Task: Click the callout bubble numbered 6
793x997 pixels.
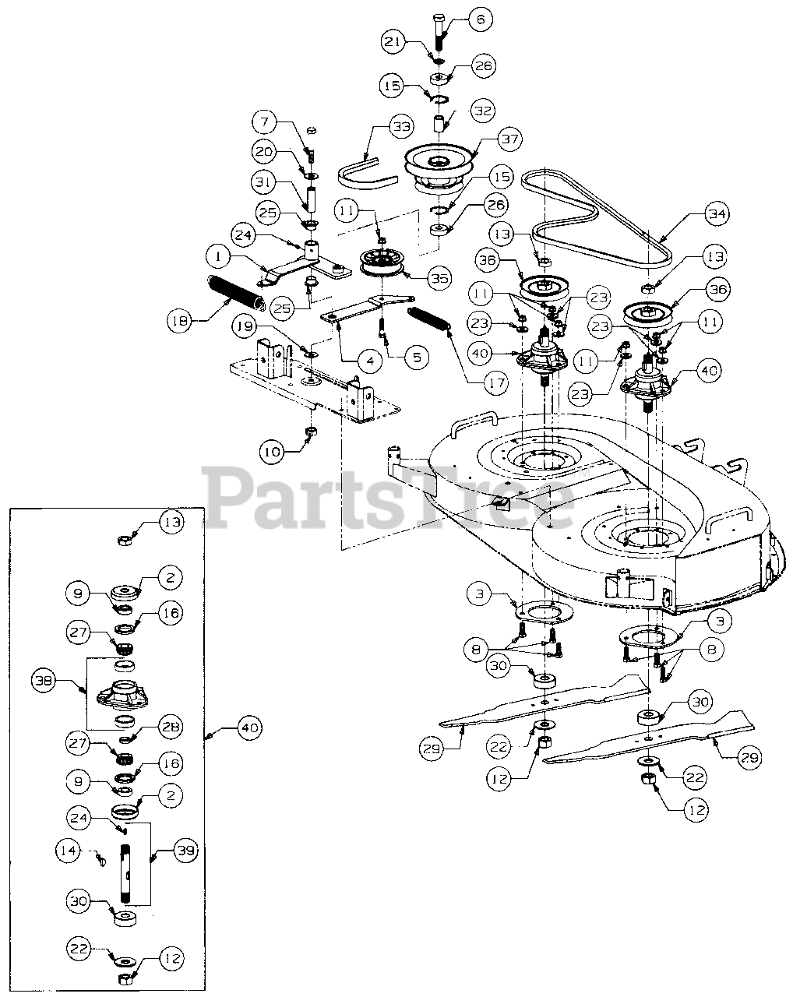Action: tap(480, 19)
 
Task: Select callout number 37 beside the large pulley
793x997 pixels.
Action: tap(509, 139)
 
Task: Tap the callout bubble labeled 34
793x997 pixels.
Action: tap(717, 214)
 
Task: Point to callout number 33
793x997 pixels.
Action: tap(401, 126)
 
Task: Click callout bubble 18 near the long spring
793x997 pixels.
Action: tap(180, 320)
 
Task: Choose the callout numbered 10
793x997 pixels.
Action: tap(273, 451)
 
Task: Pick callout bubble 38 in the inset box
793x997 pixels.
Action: tap(44, 681)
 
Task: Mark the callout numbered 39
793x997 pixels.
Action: tap(185, 851)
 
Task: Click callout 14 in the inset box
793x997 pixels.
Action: tap(68, 851)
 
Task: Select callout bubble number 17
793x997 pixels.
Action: tap(496, 383)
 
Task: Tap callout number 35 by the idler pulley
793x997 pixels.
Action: tap(440, 278)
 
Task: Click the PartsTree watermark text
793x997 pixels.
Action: tap(389, 498)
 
